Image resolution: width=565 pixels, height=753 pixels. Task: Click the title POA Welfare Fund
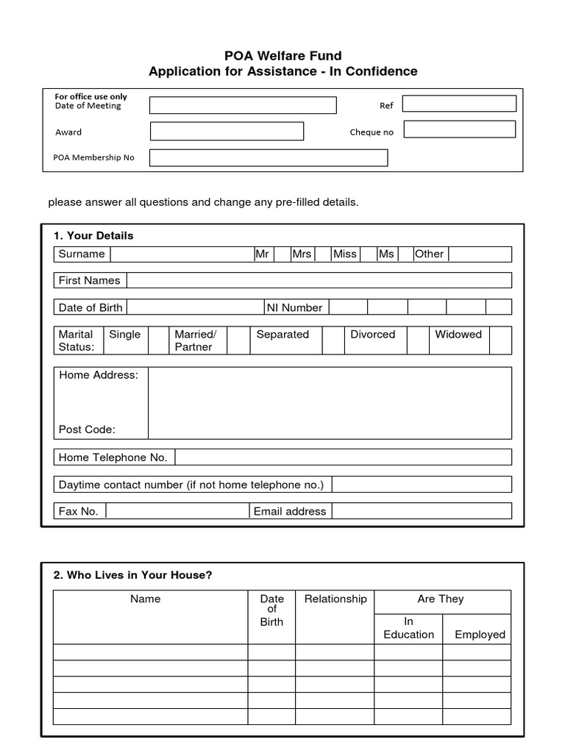point(282,56)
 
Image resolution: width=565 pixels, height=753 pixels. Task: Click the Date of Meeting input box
point(243,105)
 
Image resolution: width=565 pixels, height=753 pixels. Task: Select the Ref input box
point(459,104)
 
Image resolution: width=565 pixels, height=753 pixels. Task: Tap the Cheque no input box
point(459,129)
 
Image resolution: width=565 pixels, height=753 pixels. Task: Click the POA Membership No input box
point(269,157)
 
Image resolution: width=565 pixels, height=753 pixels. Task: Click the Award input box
point(227,131)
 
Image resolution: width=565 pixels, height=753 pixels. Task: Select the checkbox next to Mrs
point(322,254)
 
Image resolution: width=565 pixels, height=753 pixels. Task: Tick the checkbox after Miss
point(367,254)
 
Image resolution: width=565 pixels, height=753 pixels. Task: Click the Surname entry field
point(181,254)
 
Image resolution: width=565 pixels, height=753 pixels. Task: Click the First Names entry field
point(319,280)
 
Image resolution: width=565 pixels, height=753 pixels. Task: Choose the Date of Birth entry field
point(195,307)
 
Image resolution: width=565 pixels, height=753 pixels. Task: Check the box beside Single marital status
point(158,340)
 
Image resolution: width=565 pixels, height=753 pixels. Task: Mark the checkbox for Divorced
point(418,340)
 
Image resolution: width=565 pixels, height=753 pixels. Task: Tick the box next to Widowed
point(500,340)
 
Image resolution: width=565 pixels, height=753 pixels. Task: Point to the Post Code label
point(87,429)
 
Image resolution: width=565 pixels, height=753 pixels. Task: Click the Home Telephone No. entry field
point(343,457)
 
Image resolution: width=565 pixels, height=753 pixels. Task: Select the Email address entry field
point(422,511)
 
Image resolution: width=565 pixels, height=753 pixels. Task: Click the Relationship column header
point(335,599)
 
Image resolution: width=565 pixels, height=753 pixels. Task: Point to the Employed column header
point(480,635)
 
